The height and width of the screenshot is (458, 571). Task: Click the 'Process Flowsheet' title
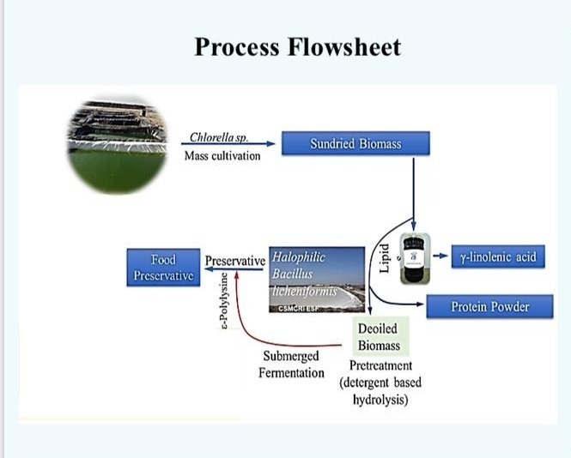click(x=297, y=47)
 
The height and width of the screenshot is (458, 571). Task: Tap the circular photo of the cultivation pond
click(x=118, y=146)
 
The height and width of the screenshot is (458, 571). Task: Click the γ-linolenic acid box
click(x=497, y=256)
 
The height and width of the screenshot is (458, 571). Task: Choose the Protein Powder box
click(x=489, y=306)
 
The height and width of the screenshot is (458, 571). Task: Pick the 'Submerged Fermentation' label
click(x=291, y=365)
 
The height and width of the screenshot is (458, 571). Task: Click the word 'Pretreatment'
click(x=380, y=366)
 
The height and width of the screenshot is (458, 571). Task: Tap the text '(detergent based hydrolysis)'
click(x=380, y=390)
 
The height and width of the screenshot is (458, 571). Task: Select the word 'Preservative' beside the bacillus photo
click(x=234, y=259)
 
